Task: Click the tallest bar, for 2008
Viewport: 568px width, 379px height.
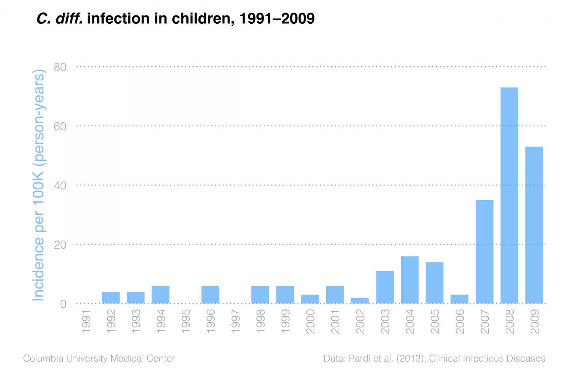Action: [x=509, y=195]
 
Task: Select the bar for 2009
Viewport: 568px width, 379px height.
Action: [x=534, y=225]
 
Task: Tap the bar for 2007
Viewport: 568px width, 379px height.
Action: [x=484, y=251]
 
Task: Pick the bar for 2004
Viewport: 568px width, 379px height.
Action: [x=409, y=280]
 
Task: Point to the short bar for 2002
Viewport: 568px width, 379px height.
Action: [x=360, y=300]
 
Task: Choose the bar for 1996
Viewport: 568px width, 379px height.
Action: [x=210, y=295]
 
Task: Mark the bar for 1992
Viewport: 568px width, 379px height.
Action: [x=110, y=298]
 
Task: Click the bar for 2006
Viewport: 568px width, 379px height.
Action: [x=460, y=299]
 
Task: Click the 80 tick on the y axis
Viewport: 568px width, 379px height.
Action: [x=60, y=67]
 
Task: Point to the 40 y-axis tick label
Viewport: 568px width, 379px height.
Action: [x=60, y=186]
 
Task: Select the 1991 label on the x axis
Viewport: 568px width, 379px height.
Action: [x=86, y=322]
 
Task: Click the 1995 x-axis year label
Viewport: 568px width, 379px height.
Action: [x=186, y=322]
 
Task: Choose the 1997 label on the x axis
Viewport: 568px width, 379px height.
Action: [x=235, y=322]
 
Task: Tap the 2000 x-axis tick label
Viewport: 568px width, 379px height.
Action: [x=310, y=322]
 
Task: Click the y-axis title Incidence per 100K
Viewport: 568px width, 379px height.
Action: [x=39, y=186]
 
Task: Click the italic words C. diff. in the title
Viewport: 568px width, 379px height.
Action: [x=59, y=18]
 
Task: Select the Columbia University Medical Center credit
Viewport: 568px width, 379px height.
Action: [x=99, y=358]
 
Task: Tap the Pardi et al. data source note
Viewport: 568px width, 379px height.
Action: [x=434, y=358]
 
